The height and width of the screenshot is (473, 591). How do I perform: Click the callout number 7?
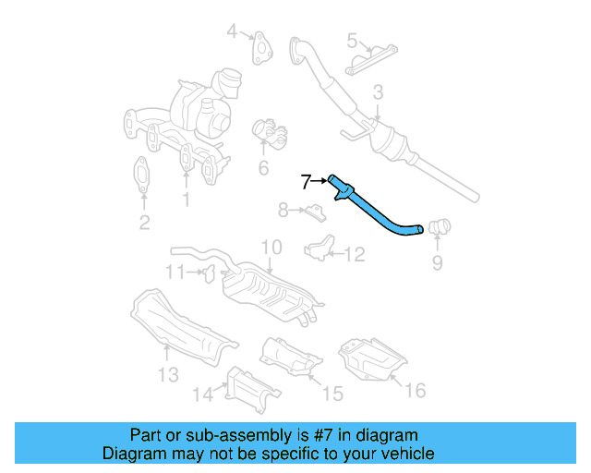tap(307, 181)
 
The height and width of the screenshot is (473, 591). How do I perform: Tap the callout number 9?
tap(437, 264)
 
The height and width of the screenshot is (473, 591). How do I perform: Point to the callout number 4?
tap(234, 34)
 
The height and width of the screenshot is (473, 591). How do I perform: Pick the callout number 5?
tap(353, 41)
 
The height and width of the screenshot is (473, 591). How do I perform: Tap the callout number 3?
tap(378, 91)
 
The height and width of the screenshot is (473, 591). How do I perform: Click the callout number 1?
tap(185, 198)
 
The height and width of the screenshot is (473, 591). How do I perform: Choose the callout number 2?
tap(144, 221)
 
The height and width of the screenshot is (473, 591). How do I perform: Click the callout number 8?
tap(283, 211)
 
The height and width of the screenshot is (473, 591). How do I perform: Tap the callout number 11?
tap(175, 271)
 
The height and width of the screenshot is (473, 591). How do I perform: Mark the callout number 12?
tap(355, 253)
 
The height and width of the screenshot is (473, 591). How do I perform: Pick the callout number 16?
tap(416, 390)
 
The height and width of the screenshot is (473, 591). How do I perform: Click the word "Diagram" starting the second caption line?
tap(133, 454)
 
